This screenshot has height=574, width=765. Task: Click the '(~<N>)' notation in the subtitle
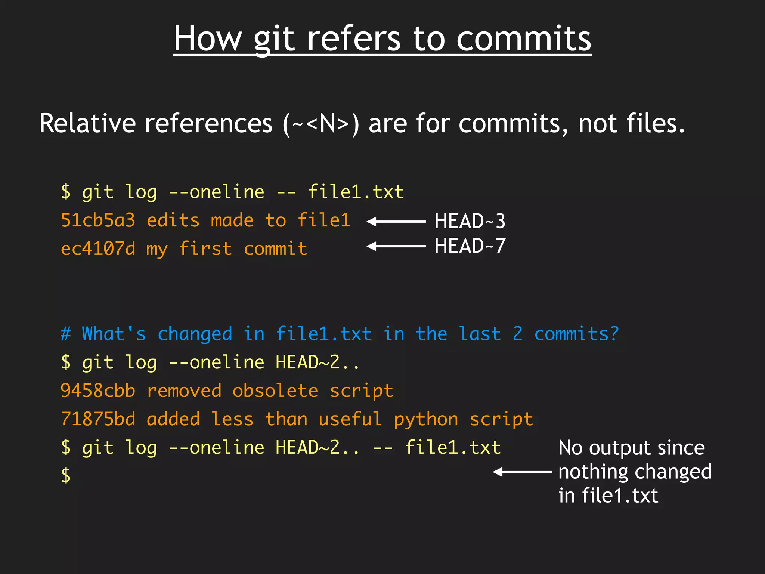click(x=321, y=124)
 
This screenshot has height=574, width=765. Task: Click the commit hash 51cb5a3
click(x=98, y=220)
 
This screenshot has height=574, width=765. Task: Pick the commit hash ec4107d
click(x=98, y=249)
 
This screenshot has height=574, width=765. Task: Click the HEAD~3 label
click(x=470, y=221)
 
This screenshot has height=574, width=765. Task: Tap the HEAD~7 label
click(x=470, y=246)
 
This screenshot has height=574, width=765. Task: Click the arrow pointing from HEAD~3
click(x=396, y=222)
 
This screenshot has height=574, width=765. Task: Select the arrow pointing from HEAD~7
click(x=396, y=246)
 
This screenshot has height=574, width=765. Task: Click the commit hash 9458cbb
click(x=98, y=391)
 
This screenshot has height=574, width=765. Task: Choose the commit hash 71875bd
click(x=98, y=419)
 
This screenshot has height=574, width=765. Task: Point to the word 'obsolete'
click(x=275, y=391)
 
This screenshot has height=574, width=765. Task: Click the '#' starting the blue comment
click(x=66, y=334)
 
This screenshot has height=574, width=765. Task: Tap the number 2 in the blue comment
click(x=517, y=334)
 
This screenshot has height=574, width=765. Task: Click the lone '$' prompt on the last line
click(x=66, y=475)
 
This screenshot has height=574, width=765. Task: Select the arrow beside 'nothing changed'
click(x=522, y=472)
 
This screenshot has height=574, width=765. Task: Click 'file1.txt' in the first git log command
click(x=356, y=192)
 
